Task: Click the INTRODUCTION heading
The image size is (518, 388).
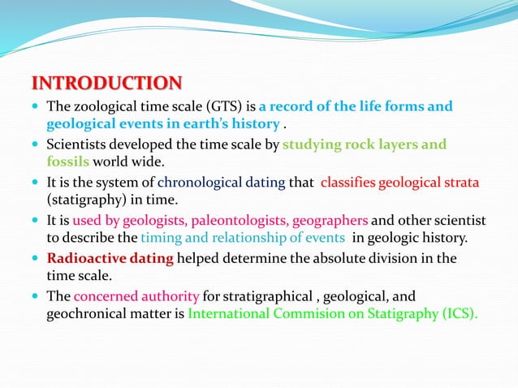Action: pyautogui.click(x=106, y=84)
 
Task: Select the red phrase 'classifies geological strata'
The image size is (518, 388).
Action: pyautogui.click(x=400, y=183)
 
